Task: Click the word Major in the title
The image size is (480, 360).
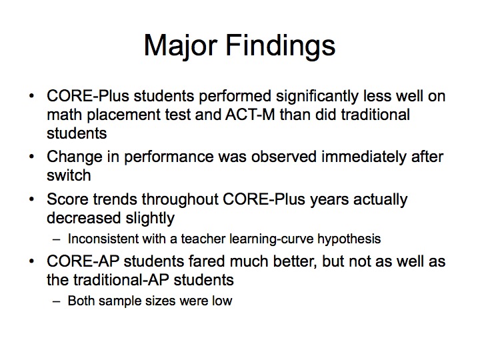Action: tap(181, 46)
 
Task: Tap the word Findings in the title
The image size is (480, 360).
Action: tap(281, 46)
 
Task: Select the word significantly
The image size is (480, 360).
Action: tap(317, 97)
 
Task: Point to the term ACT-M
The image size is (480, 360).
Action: tap(250, 115)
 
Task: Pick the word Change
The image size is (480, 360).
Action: tap(75, 157)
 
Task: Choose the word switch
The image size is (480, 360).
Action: tap(69, 175)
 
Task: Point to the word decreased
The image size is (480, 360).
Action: tap(83, 218)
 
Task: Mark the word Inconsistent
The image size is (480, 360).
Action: tap(103, 239)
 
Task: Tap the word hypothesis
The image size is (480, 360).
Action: tap(349, 239)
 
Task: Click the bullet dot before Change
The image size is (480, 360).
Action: tap(31, 157)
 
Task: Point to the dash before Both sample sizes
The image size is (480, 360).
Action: tap(56, 301)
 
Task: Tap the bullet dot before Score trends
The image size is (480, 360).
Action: tap(31, 199)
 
